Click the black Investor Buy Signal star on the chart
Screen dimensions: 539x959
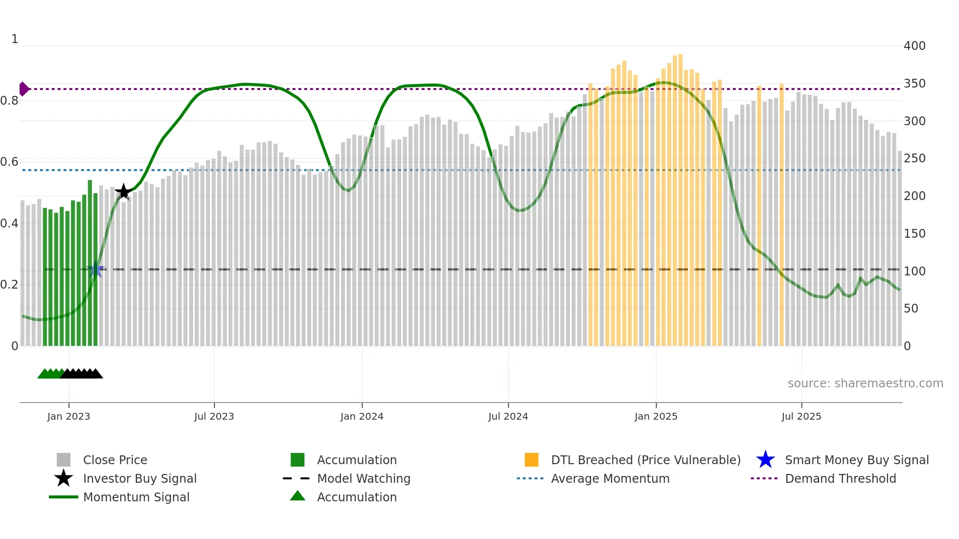tap(124, 192)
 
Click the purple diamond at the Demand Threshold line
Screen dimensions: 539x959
tap(23, 89)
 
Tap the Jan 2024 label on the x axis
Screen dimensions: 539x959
tap(362, 416)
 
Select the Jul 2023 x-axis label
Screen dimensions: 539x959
tap(214, 416)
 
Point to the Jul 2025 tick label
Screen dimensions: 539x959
tap(801, 416)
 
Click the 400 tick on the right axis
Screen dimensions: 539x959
tap(914, 46)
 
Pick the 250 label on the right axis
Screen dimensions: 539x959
tap(914, 158)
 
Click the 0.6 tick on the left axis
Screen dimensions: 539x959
tap(9, 162)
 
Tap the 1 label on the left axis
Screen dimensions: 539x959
tap(15, 39)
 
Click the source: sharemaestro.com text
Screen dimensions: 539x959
tap(865, 383)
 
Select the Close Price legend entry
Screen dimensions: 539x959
tap(115, 460)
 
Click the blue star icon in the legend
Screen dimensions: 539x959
tap(765, 460)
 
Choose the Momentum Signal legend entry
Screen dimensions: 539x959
tap(136, 497)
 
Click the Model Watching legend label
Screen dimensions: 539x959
tap(364, 478)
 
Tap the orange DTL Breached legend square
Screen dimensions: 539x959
tap(531, 460)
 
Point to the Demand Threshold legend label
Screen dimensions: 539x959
tap(840, 478)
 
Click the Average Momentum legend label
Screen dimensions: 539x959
tap(610, 478)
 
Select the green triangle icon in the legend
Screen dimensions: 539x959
tap(297, 496)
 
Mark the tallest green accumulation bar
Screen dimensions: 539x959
tap(90, 264)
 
